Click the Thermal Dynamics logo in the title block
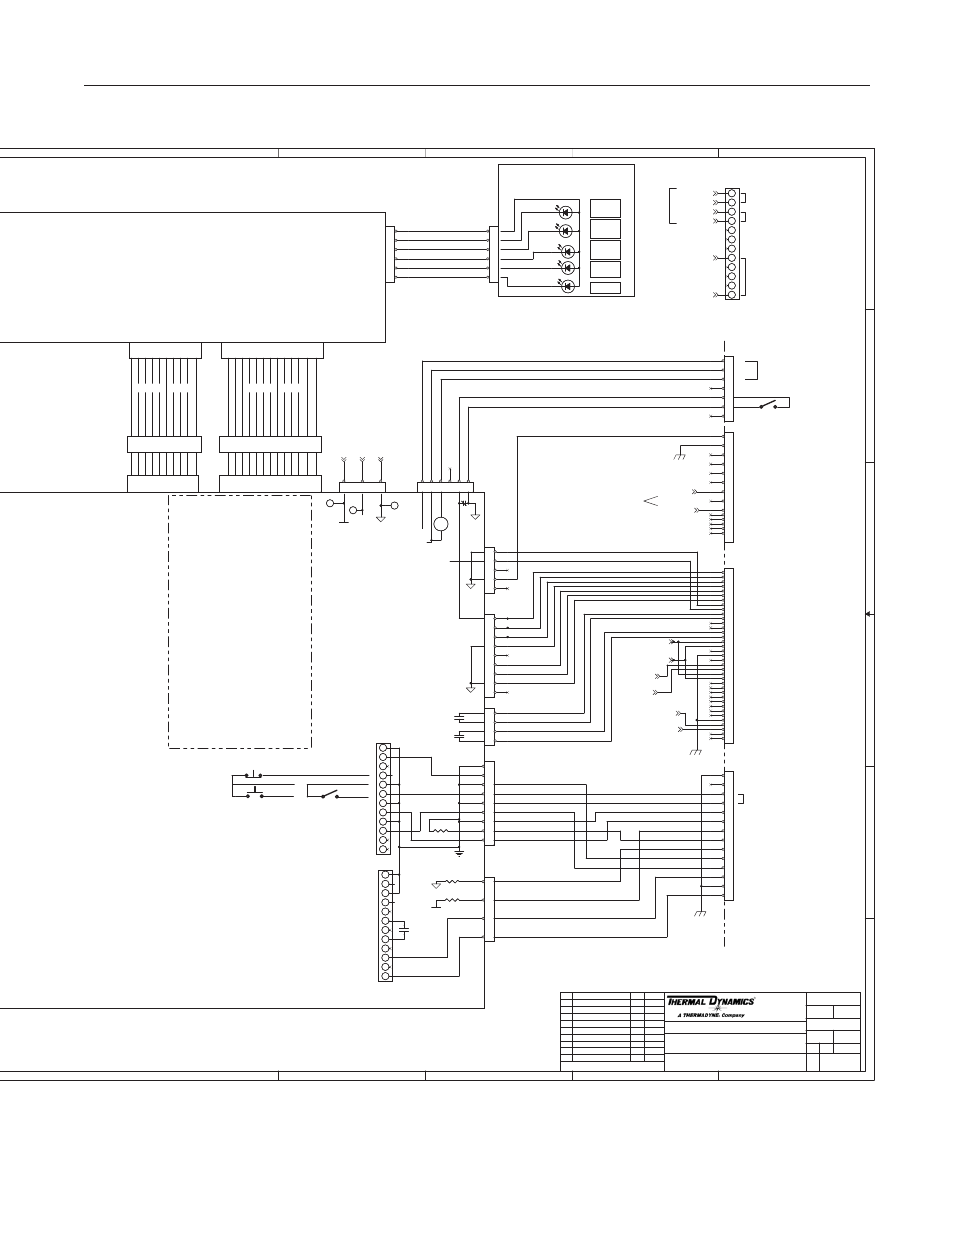click(710, 1001)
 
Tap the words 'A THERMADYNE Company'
click(711, 1015)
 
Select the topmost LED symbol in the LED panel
click(565, 212)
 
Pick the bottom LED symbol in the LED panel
click(567, 286)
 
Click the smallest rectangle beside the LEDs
click(605, 288)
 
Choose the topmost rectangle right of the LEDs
click(605, 208)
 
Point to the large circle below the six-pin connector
click(441, 524)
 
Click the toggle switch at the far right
click(768, 405)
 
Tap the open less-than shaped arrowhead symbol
click(651, 501)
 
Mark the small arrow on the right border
click(869, 614)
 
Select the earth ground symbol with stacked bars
click(460, 853)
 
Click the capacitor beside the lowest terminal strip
click(404, 930)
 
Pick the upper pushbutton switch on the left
click(253, 774)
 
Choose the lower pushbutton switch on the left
click(255, 793)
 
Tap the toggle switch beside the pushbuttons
click(330, 794)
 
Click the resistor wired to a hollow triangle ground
click(452, 881)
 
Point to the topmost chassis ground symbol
click(680, 456)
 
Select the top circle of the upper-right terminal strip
click(732, 194)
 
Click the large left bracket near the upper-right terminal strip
click(673, 206)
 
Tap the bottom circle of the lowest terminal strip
click(385, 976)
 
